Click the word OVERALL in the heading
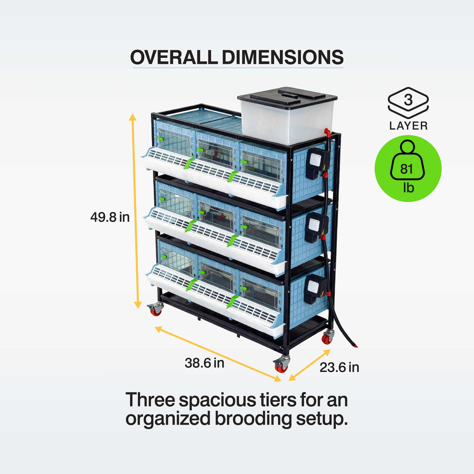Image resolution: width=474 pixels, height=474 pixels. point(174,57)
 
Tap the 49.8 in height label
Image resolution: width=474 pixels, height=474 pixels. point(110,217)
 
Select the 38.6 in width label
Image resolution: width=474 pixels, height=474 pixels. point(204,363)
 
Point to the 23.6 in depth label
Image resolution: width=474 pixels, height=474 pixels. point(339,367)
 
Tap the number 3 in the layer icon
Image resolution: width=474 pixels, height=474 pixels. point(408,100)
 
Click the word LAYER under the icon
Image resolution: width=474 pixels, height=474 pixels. point(408,126)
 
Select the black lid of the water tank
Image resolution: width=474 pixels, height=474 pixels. point(287,97)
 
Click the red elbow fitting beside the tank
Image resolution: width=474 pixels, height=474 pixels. point(327,132)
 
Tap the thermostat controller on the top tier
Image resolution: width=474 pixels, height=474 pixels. point(317,163)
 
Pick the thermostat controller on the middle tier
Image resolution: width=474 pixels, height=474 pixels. point(316,227)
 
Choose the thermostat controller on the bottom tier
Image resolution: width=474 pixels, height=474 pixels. point(315,289)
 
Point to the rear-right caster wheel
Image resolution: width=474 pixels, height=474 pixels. point(328,336)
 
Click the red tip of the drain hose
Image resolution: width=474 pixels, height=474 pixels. point(355,346)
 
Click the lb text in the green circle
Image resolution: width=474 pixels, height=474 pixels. point(408,188)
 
